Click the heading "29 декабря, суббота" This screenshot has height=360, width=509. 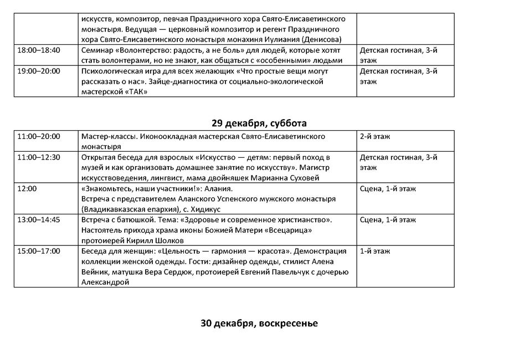pos(259,123)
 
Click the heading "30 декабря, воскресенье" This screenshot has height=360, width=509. pos(259,323)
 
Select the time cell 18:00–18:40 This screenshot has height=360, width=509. pos(39,50)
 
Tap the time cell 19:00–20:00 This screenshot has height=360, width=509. pos(39,71)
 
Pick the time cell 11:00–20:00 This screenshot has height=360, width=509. pos(39,136)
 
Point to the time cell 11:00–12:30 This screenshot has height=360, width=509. pos(39,157)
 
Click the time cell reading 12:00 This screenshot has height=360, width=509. pos(27,189)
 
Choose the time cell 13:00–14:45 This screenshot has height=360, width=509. pos(39,220)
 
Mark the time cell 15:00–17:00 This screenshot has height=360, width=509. pos(39,251)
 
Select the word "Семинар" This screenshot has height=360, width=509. pos(97,50)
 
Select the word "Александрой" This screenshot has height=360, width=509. pos(105,282)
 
